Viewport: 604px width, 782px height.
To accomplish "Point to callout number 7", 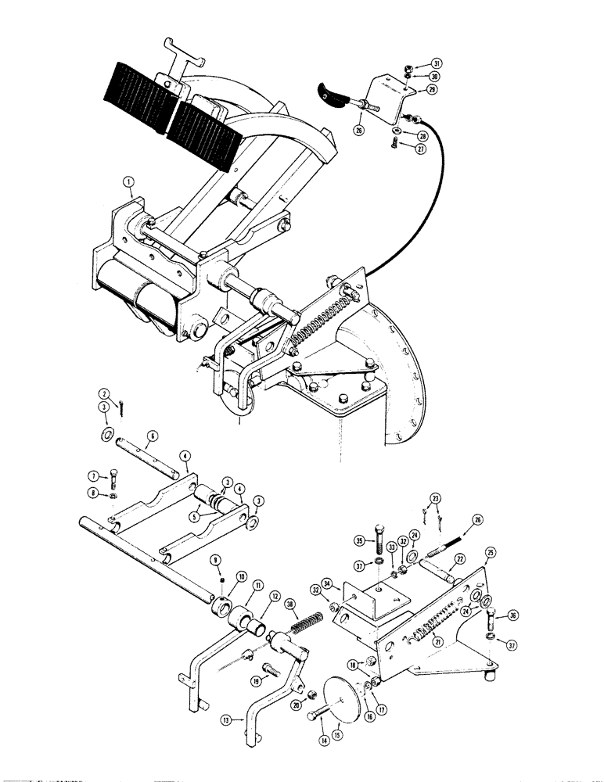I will [93, 475].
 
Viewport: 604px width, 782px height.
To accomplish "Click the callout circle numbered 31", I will [437, 64].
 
